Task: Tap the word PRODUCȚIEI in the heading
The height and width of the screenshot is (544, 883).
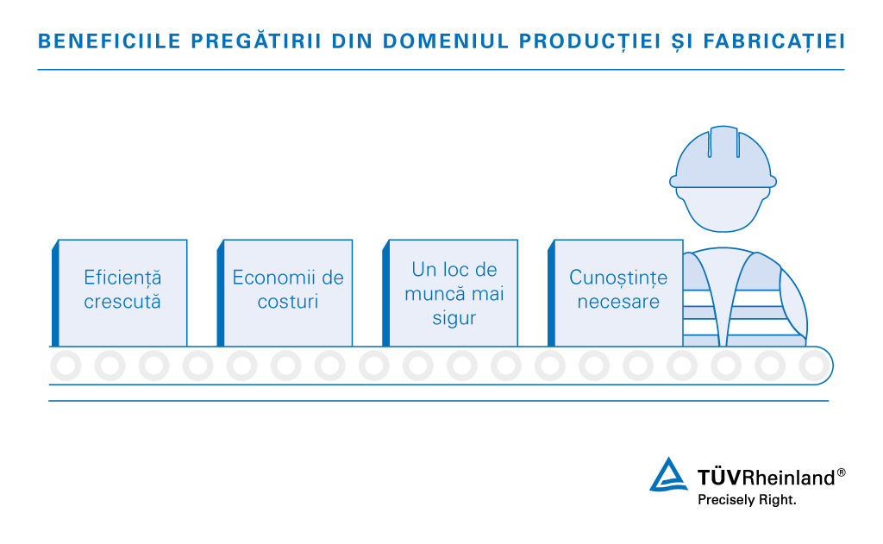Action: click(x=590, y=41)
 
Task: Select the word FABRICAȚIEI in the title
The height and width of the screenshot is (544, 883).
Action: click(x=774, y=41)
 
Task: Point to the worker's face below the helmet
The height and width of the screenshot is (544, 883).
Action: click(x=723, y=209)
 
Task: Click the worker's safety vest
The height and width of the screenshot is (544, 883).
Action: click(x=743, y=298)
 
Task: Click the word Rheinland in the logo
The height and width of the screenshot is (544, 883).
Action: click(x=788, y=478)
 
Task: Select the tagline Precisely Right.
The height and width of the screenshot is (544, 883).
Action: click(x=747, y=500)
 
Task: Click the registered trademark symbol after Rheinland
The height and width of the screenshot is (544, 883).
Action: click(x=842, y=472)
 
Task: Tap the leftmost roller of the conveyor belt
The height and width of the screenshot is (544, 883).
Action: click(x=66, y=366)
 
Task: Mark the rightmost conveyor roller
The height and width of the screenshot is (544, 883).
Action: click(x=814, y=366)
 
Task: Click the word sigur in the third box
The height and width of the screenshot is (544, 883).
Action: click(x=454, y=319)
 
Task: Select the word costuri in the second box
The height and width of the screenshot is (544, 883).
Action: click(x=288, y=302)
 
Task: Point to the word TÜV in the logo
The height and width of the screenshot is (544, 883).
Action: click(x=719, y=477)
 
